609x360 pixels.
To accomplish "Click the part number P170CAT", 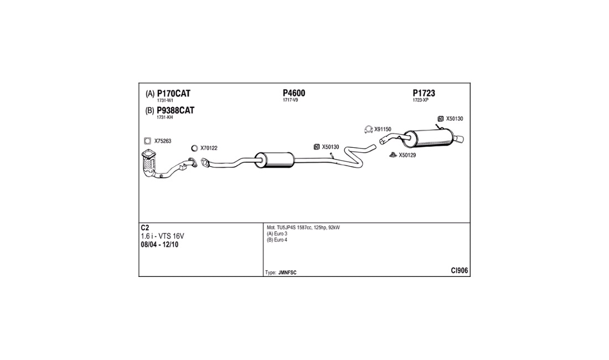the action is (174, 94).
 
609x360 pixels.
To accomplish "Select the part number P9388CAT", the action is (176, 110).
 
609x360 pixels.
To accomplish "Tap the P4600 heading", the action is (294, 93).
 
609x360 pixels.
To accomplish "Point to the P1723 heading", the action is (424, 93).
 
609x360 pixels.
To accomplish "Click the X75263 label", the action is (163, 141).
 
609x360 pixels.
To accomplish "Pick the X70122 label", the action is (209, 148).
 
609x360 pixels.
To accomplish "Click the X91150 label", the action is (383, 129).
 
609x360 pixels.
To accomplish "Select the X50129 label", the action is (407, 155).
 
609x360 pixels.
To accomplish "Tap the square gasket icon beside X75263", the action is (148, 141).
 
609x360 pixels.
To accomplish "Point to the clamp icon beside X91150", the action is (369, 129).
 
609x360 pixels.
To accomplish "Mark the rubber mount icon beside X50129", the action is (393, 155).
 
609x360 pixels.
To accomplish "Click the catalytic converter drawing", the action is (149, 163).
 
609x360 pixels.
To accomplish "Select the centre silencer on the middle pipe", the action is (275, 160).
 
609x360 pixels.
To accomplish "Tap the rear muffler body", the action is (429, 138).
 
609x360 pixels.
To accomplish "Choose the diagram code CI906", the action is (460, 271).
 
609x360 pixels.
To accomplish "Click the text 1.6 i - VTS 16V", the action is (162, 236).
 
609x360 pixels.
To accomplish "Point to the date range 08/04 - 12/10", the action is (159, 245).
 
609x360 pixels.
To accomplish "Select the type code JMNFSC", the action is (287, 272).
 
